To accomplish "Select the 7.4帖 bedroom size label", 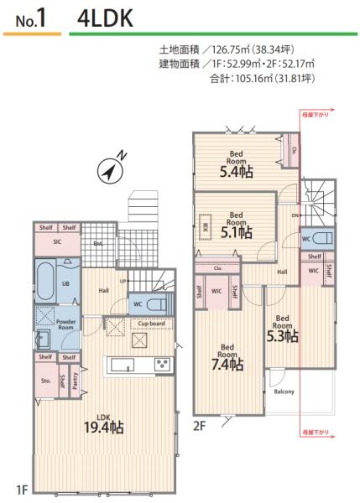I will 227,365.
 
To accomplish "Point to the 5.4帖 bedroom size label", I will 237,172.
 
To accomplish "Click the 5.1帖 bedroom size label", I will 236,232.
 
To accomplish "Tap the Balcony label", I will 284,391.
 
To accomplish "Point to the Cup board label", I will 151,323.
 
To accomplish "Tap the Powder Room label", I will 69,324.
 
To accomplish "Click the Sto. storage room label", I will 45,381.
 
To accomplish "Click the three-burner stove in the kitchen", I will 162,364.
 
